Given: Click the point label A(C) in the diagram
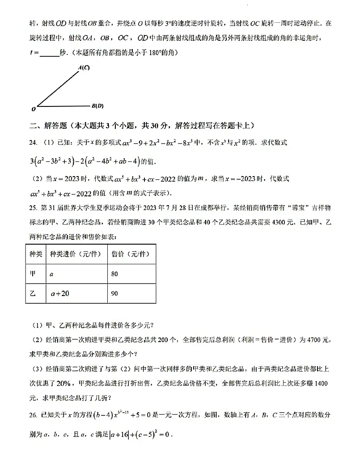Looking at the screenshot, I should coord(84,68).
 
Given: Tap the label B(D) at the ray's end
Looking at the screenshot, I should coord(97,106).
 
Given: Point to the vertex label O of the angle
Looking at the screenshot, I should coord(33,109).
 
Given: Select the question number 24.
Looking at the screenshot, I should coord(32,143).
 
